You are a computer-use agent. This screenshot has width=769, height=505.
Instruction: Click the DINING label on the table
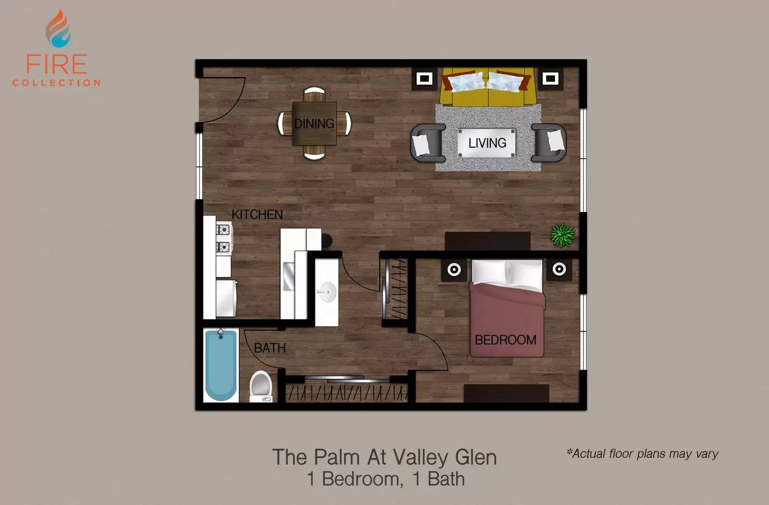point(314,123)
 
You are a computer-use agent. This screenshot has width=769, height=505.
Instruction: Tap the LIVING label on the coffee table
point(487,143)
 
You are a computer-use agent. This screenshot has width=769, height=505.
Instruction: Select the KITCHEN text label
point(257,215)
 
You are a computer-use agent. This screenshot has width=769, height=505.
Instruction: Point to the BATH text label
point(270,348)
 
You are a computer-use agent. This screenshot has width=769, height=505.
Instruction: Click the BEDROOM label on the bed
point(505,340)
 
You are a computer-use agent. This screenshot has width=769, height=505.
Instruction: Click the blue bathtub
point(221,365)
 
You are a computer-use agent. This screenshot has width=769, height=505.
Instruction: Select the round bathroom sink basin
point(327,292)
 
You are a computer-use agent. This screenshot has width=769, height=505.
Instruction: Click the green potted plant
point(562,235)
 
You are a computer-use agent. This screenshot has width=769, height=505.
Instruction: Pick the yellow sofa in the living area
point(487,87)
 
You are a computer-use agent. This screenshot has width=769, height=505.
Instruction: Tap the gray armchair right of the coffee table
point(548,142)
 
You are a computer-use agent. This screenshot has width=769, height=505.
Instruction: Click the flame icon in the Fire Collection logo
point(58,29)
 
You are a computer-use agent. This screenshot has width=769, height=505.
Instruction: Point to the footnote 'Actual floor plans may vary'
point(642,454)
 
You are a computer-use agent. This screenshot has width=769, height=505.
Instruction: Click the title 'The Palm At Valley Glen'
point(384,457)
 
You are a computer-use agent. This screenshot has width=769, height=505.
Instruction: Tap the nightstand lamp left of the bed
point(454,269)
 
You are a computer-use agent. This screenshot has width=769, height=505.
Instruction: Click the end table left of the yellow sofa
point(424,79)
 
